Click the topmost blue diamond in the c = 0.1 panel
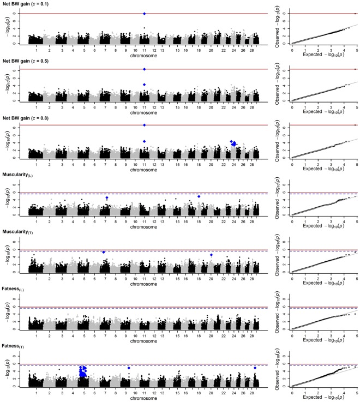[x=144, y=14]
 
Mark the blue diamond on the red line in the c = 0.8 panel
[x=144, y=125]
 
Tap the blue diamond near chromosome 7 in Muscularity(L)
[x=107, y=198]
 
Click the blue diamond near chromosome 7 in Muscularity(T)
[x=104, y=252]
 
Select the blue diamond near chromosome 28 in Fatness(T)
[x=255, y=368]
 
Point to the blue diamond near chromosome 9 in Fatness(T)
[x=129, y=368]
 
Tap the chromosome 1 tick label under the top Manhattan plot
[x=37, y=50]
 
